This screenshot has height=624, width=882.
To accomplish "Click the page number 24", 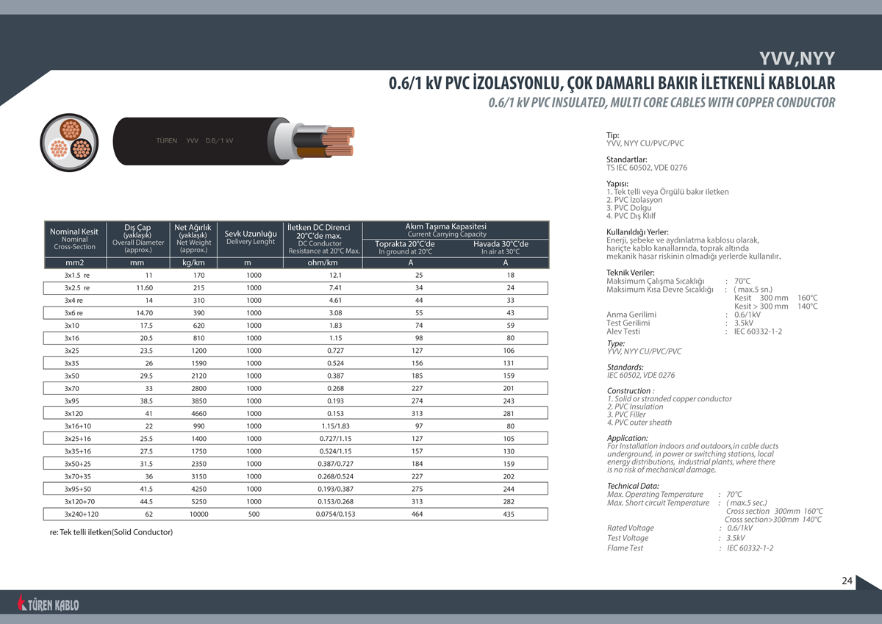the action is coord(847,581).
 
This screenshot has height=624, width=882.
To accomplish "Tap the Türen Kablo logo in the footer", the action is coord(49,604).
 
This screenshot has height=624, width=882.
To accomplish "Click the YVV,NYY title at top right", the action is coord(797,60).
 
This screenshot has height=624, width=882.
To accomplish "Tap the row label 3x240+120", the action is coord(82,514).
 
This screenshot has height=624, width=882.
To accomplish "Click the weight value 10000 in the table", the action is coord(199,514).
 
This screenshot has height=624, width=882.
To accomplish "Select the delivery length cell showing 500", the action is coord(254,514).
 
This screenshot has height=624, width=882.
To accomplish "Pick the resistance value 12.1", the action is coord(336,275).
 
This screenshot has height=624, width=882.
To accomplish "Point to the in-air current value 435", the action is coord(509,514).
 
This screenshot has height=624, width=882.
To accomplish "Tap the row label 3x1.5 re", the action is coord(77,275).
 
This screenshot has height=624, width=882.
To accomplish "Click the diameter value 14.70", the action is coord(145,313).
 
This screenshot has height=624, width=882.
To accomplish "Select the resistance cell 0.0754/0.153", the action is coord(336,514).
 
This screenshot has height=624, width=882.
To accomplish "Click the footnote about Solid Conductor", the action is coord(111,531).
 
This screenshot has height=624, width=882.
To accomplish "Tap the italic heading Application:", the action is coord(627,438).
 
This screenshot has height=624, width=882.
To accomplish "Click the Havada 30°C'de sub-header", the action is coord(501,244).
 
